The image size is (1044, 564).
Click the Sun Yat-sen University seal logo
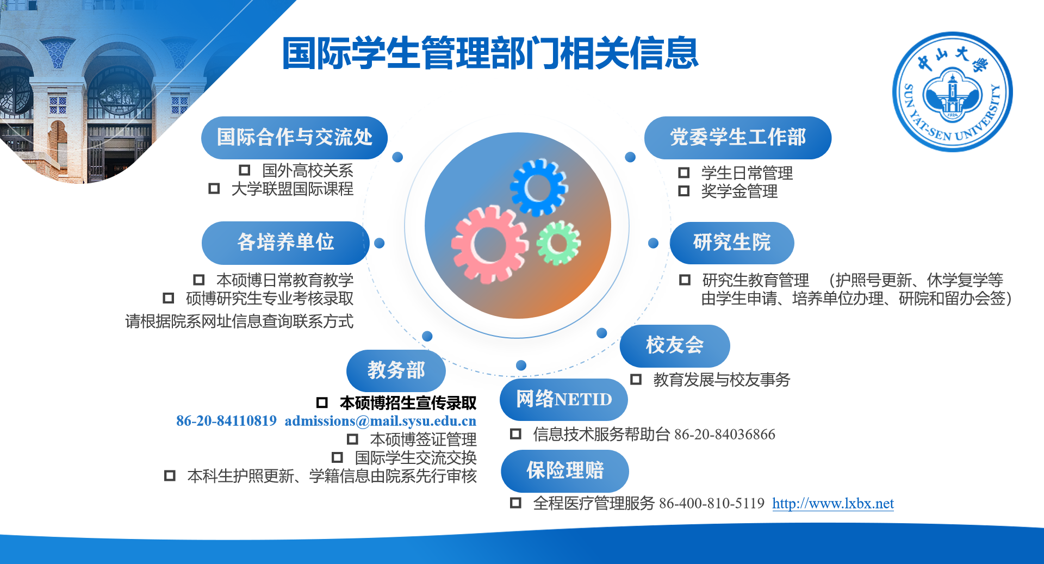click(953, 92)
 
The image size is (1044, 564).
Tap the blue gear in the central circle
click(539, 188)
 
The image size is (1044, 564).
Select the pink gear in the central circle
click(489, 244)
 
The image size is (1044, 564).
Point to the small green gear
click(558, 243)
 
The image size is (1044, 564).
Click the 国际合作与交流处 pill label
click(294, 138)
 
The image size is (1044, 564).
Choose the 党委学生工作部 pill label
click(738, 138)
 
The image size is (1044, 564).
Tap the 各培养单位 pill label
click(285, 243)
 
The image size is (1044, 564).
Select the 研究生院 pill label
click(732, 243)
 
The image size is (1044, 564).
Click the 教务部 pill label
click(396, 370)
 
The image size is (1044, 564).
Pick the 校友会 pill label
click(675, 345)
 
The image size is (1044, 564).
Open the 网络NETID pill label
click(564, 399)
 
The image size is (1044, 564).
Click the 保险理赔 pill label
click(565, 470)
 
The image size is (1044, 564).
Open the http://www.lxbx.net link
click(833, 504)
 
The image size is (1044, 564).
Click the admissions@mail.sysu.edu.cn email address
click(380, 421)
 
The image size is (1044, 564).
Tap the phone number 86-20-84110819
click(226, 421)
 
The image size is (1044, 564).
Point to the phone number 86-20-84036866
click(725, 435)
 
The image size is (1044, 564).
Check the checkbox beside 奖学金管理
click(684, 191)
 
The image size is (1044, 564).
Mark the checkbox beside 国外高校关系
click(245, 170)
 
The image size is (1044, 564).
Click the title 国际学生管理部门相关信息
click(490, 53)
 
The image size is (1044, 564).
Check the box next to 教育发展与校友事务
click(636, 379)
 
